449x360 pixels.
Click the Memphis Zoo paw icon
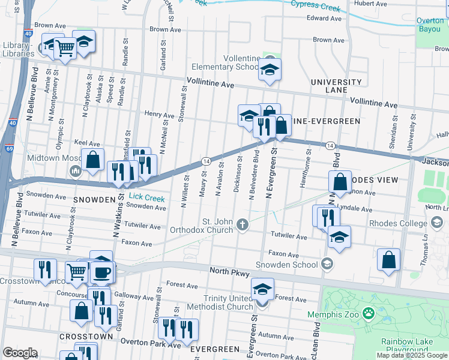[x=367, y=313]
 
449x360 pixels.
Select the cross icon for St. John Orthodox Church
[x=242, y=224]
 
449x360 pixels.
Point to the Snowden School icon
[x=327, y=263]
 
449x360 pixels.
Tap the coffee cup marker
[x=101, y=272]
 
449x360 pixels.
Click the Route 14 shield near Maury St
[x=205, y=160]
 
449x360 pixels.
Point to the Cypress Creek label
[x=315, y=7]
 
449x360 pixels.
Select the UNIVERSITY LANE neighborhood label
[x=336, y=86]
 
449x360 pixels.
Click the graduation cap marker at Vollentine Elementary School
[x=270, y=70]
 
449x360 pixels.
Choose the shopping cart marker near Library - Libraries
[x=65, y=49]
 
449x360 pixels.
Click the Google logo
[x=20, y=353]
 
